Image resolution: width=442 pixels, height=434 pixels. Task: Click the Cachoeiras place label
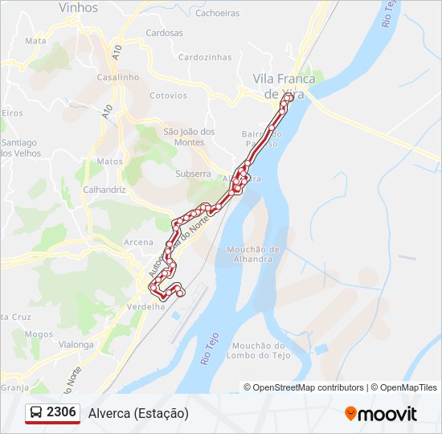218,13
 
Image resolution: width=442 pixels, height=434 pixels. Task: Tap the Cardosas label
164,34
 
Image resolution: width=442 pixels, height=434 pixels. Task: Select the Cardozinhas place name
205,58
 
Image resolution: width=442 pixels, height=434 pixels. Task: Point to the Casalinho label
118,77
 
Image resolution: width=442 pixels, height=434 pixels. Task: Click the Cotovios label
168,96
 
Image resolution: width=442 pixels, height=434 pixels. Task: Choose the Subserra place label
193,174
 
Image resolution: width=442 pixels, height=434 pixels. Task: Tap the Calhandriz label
104,190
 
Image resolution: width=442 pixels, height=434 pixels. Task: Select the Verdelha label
145,306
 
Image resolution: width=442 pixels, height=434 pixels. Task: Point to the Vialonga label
76,344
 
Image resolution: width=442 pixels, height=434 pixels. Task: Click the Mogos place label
39,334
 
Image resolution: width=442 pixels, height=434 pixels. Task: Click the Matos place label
109,162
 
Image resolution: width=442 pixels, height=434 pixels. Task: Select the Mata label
35,40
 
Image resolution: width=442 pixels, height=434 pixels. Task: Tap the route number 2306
62,412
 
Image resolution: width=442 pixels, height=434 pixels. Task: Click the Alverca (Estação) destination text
138,413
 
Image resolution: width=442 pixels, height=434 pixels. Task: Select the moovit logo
381,414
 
